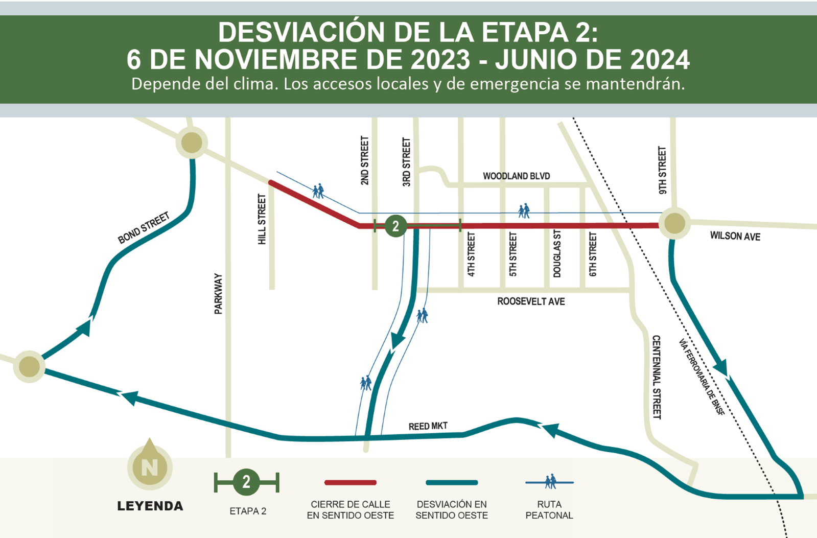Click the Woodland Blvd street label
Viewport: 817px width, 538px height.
click(x=516, y=176)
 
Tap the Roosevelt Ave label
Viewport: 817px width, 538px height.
click(x=531, y=301)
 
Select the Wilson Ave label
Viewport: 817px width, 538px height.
click(x=735, y=236)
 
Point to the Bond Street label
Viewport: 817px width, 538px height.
click(x=144, y=228)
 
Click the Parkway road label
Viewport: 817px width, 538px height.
click(x=218, y=294)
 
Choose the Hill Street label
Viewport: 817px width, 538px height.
click(x=262, y=219)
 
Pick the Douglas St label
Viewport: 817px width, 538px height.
click(x=557, y=253)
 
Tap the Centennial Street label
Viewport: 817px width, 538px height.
click(x=657, y=377)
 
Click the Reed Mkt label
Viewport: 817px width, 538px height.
click(x=428, y=426)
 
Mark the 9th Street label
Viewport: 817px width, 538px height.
click(x=662, y=170)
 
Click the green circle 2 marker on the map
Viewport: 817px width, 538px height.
click(x=395, y=225)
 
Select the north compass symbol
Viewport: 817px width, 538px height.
click(x=150, y=465)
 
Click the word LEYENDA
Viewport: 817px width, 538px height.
click(x=150, y=506)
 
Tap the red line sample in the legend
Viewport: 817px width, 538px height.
click(x=351, y=482)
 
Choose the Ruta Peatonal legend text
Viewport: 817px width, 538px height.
click(x=549, y=510)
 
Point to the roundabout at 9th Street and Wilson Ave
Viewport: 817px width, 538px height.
click(x=674, y=223)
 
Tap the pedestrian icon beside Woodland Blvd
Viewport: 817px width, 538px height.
click(x=524, y=210)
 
